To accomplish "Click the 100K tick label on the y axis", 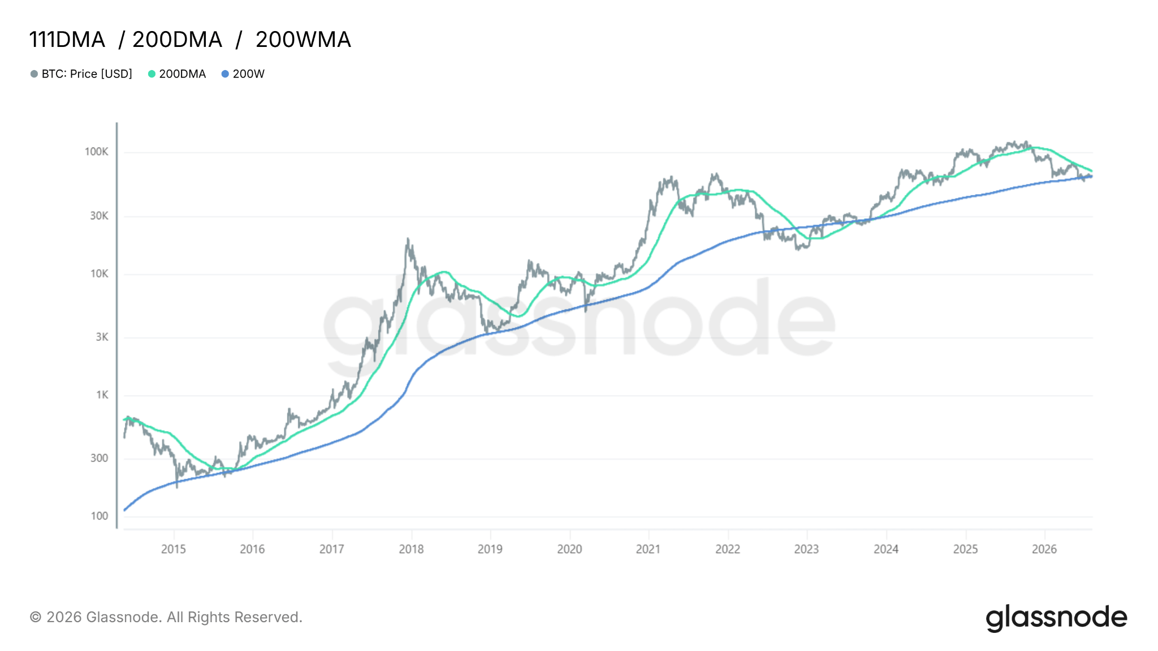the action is point(96,151).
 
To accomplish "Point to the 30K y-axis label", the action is point(99,216).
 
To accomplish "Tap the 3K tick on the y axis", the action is point(102,337).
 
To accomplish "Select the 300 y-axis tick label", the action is point(99,458).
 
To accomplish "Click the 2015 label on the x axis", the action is point(174,549).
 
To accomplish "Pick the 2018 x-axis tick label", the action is point(411,549).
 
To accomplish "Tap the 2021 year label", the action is point(648,549).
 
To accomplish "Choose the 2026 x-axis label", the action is point(1044,549).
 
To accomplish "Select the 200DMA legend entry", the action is point(177,74).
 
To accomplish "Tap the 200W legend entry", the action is point(243,74).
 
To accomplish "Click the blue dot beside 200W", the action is point(225,74).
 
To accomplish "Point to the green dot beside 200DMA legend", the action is point(152,74).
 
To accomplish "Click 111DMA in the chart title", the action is point(67,40).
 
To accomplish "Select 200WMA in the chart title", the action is point(303,40).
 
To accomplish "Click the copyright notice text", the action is point(166,617).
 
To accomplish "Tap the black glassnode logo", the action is point(1056,618).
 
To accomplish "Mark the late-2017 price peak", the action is point(408,239).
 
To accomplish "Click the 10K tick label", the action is point(99,274).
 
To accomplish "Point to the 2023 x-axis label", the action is point(806,549).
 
